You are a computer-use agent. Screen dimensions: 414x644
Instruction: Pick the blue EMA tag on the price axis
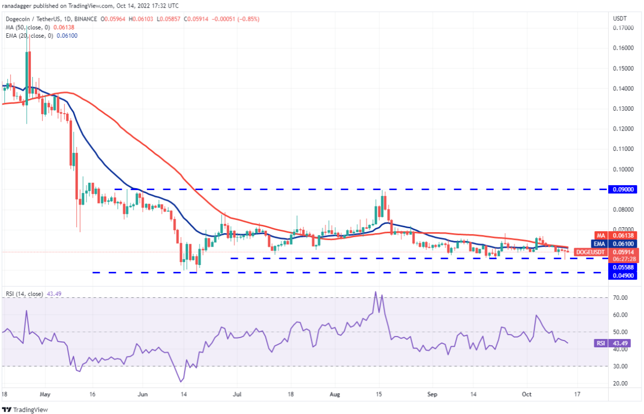pos(600,243)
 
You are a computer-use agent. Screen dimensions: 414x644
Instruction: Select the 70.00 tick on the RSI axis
pos(621,297)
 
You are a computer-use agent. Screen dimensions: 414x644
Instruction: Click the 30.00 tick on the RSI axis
pos(621,366)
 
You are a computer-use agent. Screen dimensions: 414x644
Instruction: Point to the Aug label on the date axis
pos(335,394)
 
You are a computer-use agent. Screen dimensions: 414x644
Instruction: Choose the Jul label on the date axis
pos(237,394)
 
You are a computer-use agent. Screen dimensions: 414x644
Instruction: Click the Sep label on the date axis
pos(432,394)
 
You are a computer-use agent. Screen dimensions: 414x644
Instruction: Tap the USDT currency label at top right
pos(620,18)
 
